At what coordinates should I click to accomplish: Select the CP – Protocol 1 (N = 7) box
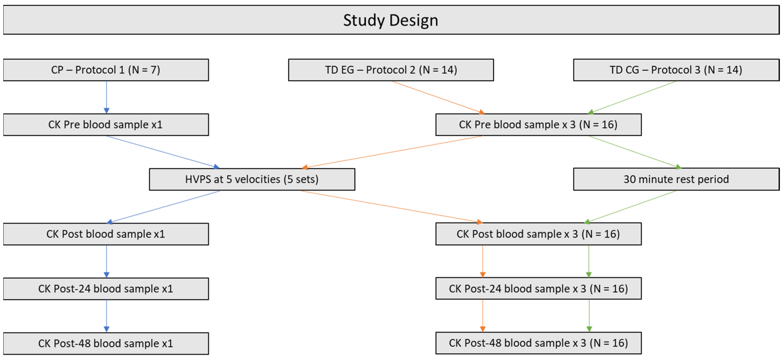click(x=106, y=70)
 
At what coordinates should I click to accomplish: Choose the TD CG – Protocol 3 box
click(x=676, y=70)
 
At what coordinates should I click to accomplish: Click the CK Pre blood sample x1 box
click(x=106, y=125)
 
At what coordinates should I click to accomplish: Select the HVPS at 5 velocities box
click(x=252, y=179)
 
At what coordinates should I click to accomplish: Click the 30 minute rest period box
click(x=676, y=179)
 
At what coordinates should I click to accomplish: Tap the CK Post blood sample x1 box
click(x=106, y=234)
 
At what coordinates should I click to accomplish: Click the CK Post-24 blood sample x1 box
click(x=106, y=289)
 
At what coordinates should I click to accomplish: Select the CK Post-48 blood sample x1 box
click(x=106, y=343)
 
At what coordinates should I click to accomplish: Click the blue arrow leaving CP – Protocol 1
click(x=107, y=97)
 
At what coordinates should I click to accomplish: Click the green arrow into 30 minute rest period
click(x=634, y=152)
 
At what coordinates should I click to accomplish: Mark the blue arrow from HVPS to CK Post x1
click(x=163, y=207)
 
